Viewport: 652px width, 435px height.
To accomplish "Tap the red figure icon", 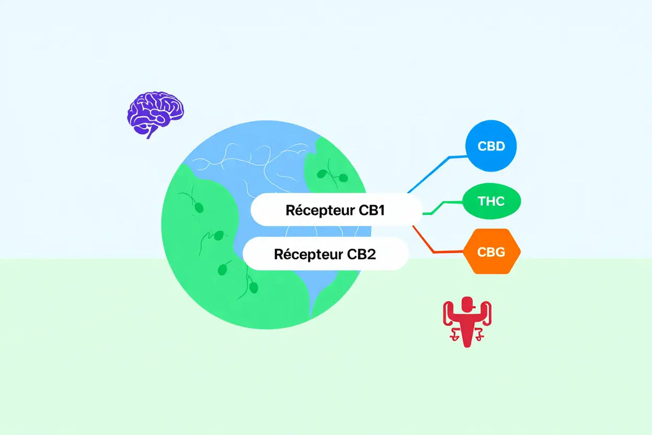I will [x=468, y=320].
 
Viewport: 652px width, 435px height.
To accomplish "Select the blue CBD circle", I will [x=491, y=146].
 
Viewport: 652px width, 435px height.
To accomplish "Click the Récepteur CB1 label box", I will [x=336, y=211].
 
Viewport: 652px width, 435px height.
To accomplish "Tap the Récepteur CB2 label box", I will [x=325, y=254].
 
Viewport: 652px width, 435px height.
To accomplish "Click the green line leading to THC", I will [x=442, y=205].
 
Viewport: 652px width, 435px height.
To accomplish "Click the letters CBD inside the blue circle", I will [x=491, y=146].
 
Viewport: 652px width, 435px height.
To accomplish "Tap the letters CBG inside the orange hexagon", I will [x=491, y=252].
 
